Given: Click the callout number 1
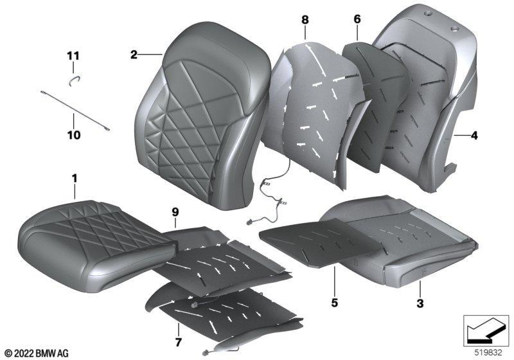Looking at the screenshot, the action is click(75, 179).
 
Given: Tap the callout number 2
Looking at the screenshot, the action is click(134, 55).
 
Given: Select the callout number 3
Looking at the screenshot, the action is click(420, 303).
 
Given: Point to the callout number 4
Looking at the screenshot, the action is click(474, 135).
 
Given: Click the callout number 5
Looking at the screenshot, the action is click(334, 302).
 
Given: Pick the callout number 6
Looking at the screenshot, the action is click(357, 19).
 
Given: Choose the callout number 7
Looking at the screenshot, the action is click(178, 342).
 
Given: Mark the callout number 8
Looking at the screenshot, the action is click(305, 20).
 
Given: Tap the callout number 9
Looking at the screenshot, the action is click(175, 212).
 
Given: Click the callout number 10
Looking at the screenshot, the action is click(74, 135).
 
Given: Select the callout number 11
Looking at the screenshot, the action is click(73, 56).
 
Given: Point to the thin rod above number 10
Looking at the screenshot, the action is click(75, 111).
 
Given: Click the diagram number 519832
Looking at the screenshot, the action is click(488, 353).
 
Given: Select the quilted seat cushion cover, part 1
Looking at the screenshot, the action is click(97, 246).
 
